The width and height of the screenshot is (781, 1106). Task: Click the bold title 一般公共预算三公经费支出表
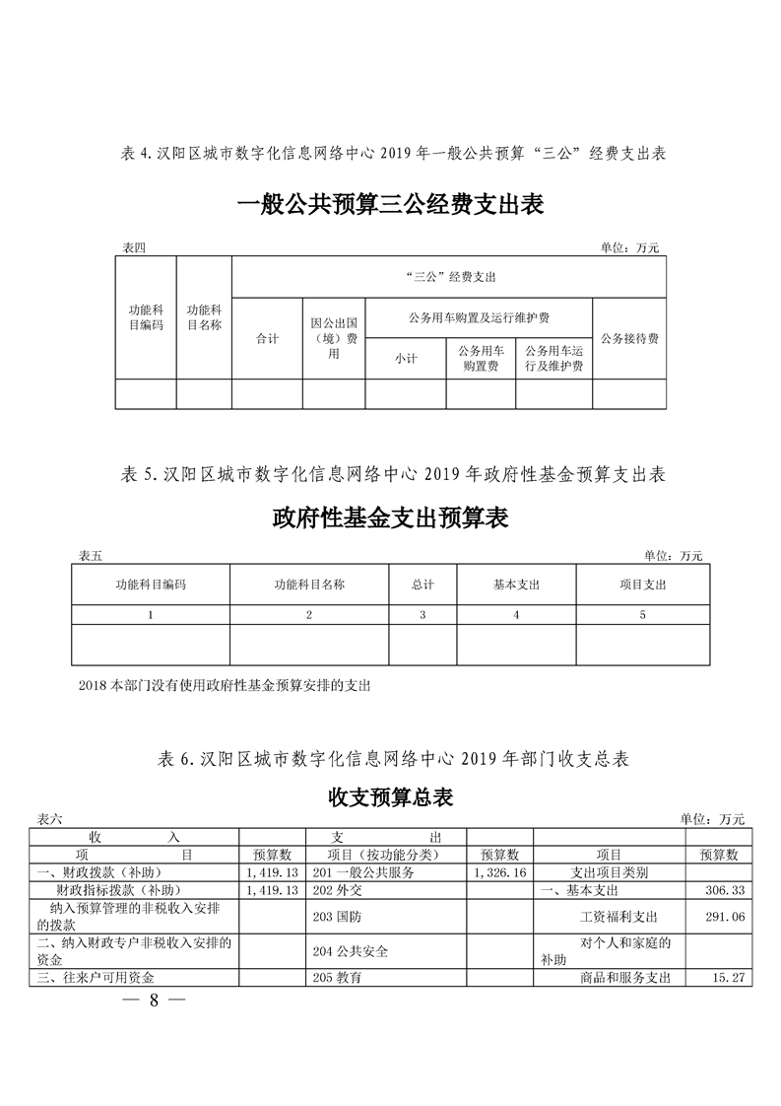[x=391, y=204]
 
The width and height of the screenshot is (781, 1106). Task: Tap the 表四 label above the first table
[x=132, y=247]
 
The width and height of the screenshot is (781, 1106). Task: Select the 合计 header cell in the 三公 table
[x=267, y=338]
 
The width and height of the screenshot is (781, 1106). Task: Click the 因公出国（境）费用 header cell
[x=333, y=338]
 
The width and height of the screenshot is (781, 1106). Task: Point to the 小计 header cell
[x=405, y=359]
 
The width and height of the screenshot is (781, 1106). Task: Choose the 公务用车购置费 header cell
[x=481, y=359]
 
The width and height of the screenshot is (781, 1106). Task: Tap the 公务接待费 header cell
[x=629, y=338]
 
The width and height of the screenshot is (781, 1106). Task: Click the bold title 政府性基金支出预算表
[x=391, y=518]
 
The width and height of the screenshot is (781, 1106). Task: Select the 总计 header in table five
[x=423, y=585]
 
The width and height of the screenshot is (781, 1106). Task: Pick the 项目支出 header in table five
[x=643, y=585]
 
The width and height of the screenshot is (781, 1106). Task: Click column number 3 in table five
[x=423, y=615]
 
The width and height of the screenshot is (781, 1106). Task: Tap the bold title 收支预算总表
[x=391, y=796]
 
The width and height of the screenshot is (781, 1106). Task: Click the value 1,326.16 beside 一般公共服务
[x=500, y=873]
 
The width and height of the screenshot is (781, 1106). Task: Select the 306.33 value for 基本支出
[x=724, y=890]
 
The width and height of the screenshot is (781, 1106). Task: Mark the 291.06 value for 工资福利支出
[x=724, y=916]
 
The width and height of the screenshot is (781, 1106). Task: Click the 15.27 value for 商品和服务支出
[x=724, y=978]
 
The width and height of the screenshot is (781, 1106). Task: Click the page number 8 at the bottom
[x=154, y=1000]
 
